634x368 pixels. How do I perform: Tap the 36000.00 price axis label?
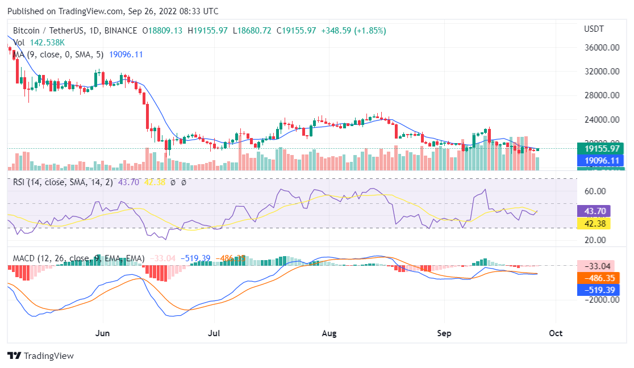tap(601, 48)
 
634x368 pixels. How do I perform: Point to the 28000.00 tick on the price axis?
tap(601, 96)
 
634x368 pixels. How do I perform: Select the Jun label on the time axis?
tap(103, 333)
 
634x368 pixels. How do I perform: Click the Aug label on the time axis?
tap(329, 333)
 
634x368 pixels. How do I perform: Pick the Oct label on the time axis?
tap(556, 333)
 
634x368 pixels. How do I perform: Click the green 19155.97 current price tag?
tap(601, 149)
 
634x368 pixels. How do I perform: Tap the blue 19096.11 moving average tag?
tap(601, 161)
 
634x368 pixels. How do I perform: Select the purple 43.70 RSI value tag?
tap(594, 211)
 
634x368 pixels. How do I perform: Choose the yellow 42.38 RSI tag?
tap(594, 223)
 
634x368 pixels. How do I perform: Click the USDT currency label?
tap(594, 29)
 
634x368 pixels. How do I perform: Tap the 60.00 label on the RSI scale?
tap(594, 191)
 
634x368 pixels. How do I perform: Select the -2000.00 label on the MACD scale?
tap(599, 300)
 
